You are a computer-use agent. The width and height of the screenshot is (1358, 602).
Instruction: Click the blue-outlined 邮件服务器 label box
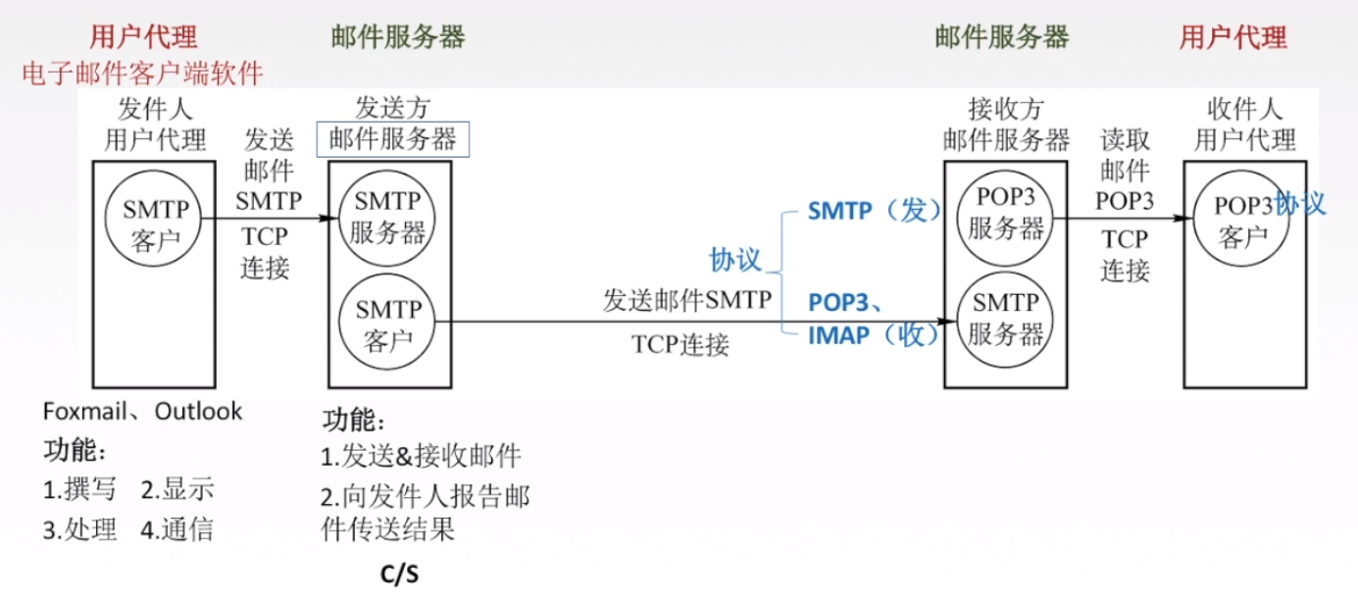click(x=393, y=138)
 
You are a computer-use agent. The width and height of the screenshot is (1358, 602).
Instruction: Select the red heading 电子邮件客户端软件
click(x=142, y=74)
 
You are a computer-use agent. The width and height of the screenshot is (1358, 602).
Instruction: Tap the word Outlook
click(x=199, y=411)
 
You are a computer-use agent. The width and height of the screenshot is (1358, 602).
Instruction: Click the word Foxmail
click(x=84, y=411)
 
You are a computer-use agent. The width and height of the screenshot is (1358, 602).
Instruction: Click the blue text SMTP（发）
click(x=874, y=211)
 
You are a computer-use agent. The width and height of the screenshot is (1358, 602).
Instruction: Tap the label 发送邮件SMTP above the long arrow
click(x=687, y=300)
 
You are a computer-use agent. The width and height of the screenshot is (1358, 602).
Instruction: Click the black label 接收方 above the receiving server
click(x=1006, y=108)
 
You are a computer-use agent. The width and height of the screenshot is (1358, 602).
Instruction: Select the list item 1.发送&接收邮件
click(x=422, y=456)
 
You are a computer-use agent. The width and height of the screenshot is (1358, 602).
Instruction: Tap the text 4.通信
click(x=176, y=530)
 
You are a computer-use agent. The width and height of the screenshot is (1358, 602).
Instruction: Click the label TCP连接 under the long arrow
click(x=680, y=344)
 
